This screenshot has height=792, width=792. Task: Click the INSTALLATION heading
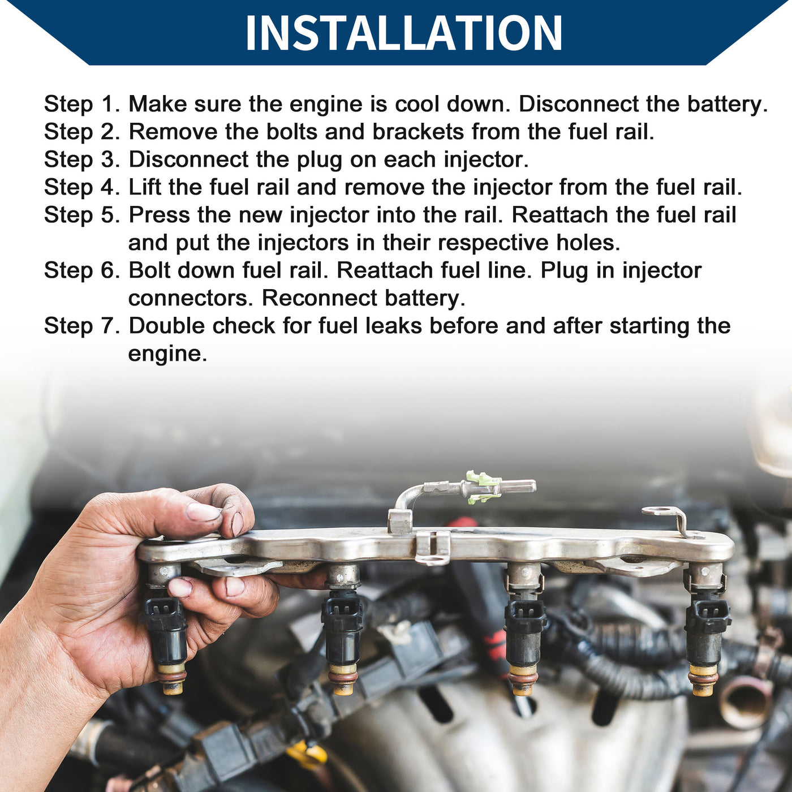click(403, 33)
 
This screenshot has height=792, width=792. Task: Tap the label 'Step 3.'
click(82, 160)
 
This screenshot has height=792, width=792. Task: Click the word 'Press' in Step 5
click(160, 215)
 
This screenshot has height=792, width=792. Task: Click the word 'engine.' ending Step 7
click(167, 354)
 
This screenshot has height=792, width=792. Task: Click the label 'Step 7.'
click(82, 326)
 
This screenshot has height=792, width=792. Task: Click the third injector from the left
click(523, 630)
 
